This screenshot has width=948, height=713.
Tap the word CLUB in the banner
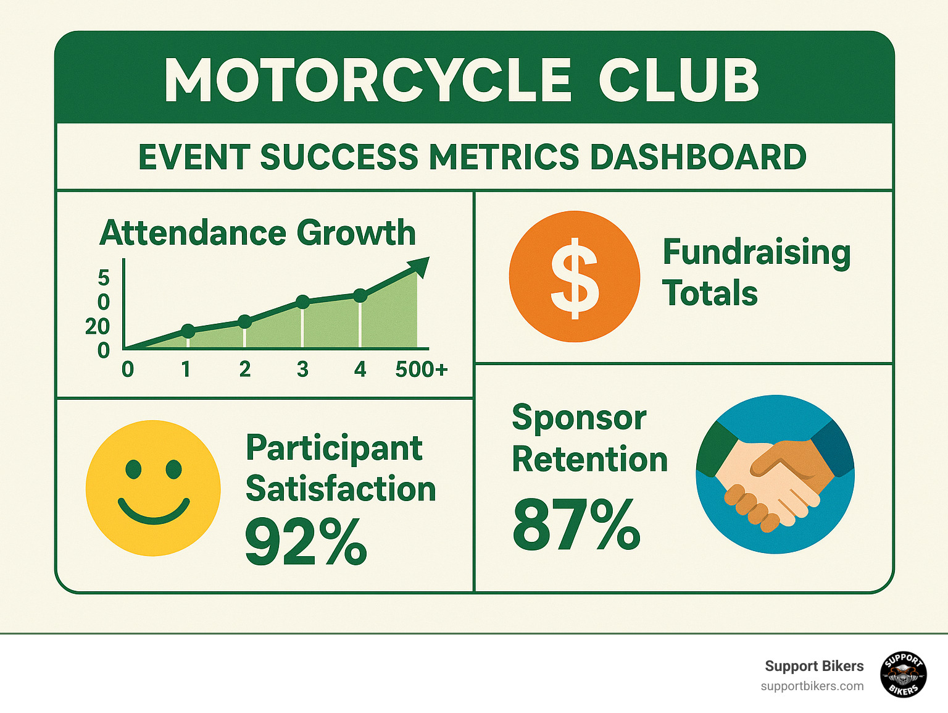point(678,81)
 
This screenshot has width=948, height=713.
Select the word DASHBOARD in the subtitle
point(698,157)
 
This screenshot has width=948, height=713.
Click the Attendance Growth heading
point(257,233)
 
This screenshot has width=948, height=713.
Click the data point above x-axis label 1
point(188,331)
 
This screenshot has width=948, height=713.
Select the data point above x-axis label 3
point(302,302)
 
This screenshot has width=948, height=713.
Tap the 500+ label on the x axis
point(421,369)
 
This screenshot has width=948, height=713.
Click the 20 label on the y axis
point(97,326)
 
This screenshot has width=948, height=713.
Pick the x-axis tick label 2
point(245,369)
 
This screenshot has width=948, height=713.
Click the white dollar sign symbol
point(574,277)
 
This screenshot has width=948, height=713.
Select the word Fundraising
point(757,252)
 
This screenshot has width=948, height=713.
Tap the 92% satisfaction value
point(306,542)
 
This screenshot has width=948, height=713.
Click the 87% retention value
point(576,525)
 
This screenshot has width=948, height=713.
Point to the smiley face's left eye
point(133,469)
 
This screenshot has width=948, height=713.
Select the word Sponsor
point(579,418)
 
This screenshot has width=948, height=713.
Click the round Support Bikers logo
point(903,674)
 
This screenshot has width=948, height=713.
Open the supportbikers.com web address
point(812,686)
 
